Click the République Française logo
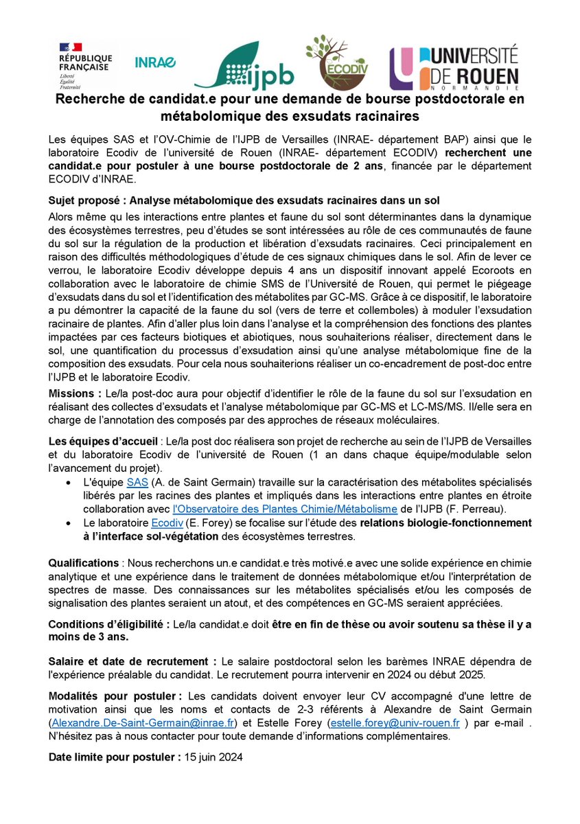82,64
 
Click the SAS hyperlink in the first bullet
137,484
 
